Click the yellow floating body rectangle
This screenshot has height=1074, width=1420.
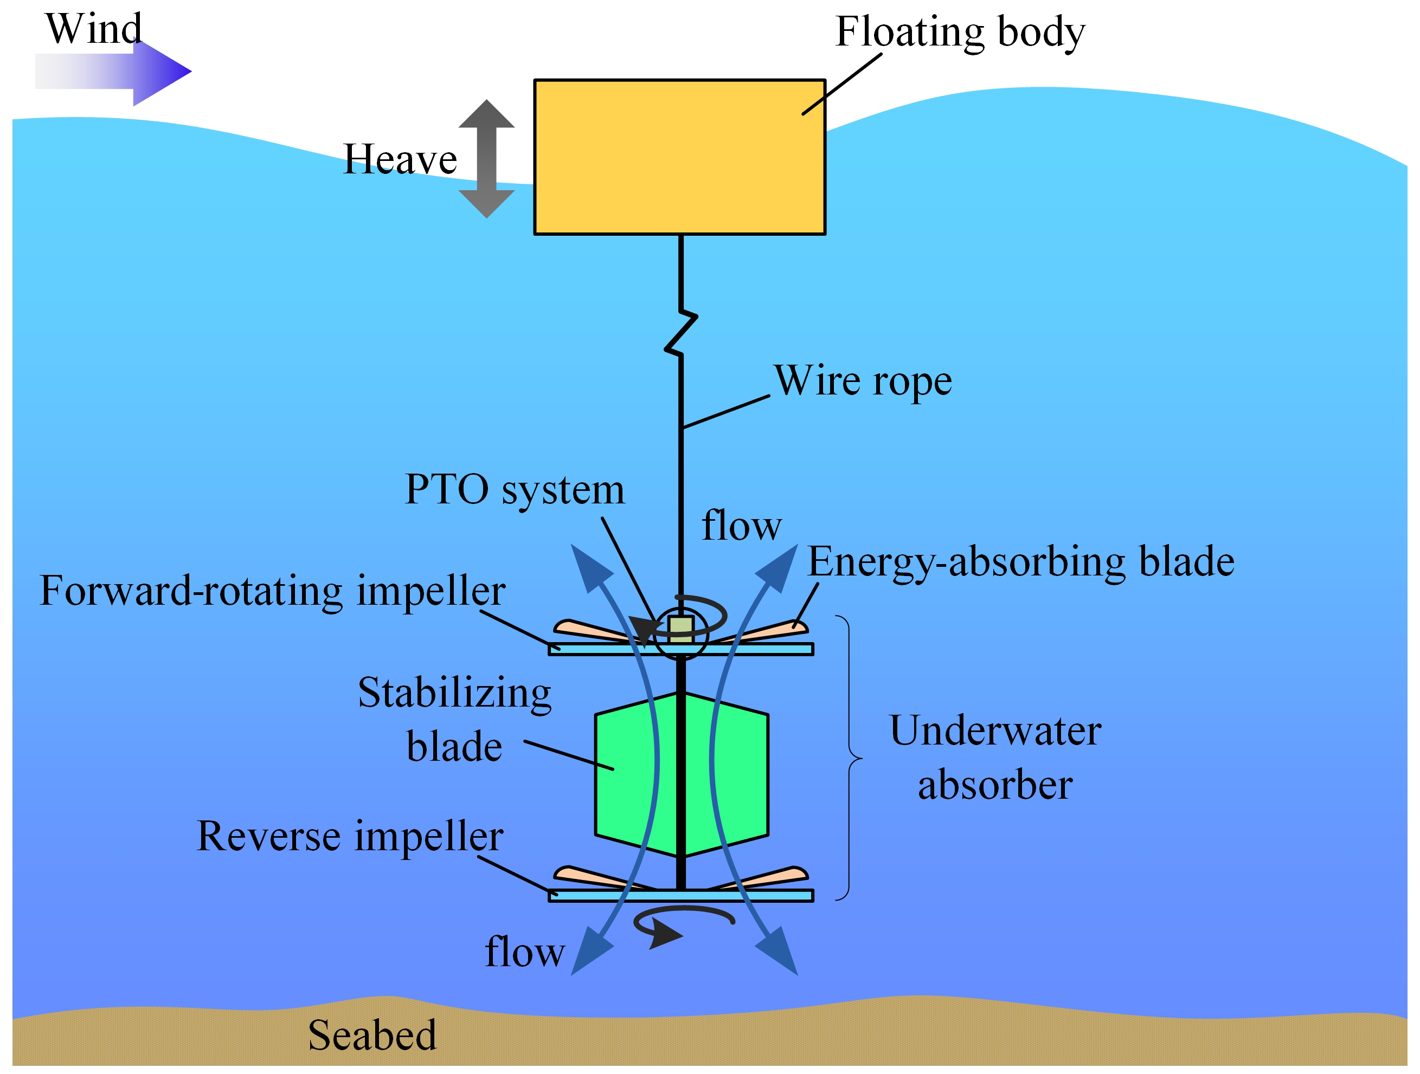coord(679,157)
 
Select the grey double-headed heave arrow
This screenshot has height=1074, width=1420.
coord(486,158)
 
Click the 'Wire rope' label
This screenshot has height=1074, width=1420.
coord(863,381)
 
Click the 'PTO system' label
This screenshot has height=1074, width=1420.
coord(514,490)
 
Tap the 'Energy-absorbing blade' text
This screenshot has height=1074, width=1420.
coord(1020,562)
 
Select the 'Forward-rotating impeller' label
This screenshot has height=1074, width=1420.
coord(272,591)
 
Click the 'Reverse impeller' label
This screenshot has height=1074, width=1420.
coord(350,836)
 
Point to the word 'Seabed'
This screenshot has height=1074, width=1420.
coord(372,1035)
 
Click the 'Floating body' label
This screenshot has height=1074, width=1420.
coord(960,32)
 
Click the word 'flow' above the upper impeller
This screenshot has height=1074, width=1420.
coord(742,526)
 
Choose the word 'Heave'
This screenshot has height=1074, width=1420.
coord(400,159)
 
